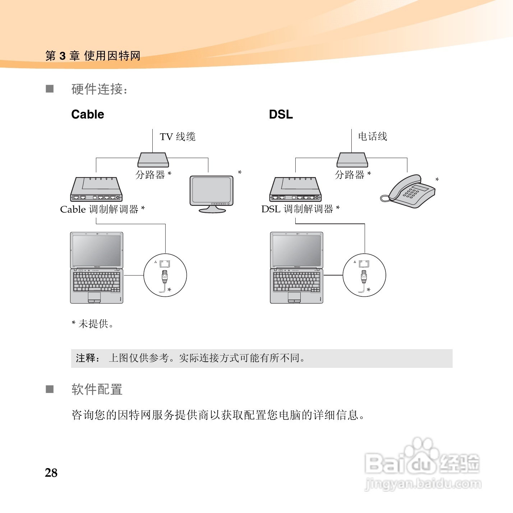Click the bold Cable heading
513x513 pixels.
(88, 114)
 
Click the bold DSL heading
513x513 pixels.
(281, 114)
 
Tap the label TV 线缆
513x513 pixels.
(177, 137)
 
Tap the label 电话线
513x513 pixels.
(373, 137)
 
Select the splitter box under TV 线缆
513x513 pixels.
(153, 160)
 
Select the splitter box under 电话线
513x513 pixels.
(352, 160)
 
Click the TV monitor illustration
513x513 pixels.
(211, 192)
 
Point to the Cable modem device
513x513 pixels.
(96, 189)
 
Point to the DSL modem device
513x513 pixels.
(295, 189)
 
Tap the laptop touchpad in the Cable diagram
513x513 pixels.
(94, 297)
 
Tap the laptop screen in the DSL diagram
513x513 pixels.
(296, 250)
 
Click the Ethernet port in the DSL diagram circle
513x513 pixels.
(364, 263)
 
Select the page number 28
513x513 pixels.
(51, 473)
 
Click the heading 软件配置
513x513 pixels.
(97, 389)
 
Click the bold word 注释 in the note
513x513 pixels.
(85, 358)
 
